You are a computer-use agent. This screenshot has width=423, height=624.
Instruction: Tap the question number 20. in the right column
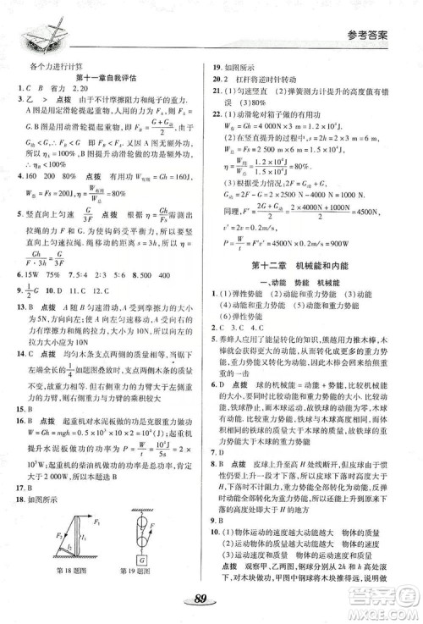(x=218, y=93)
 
